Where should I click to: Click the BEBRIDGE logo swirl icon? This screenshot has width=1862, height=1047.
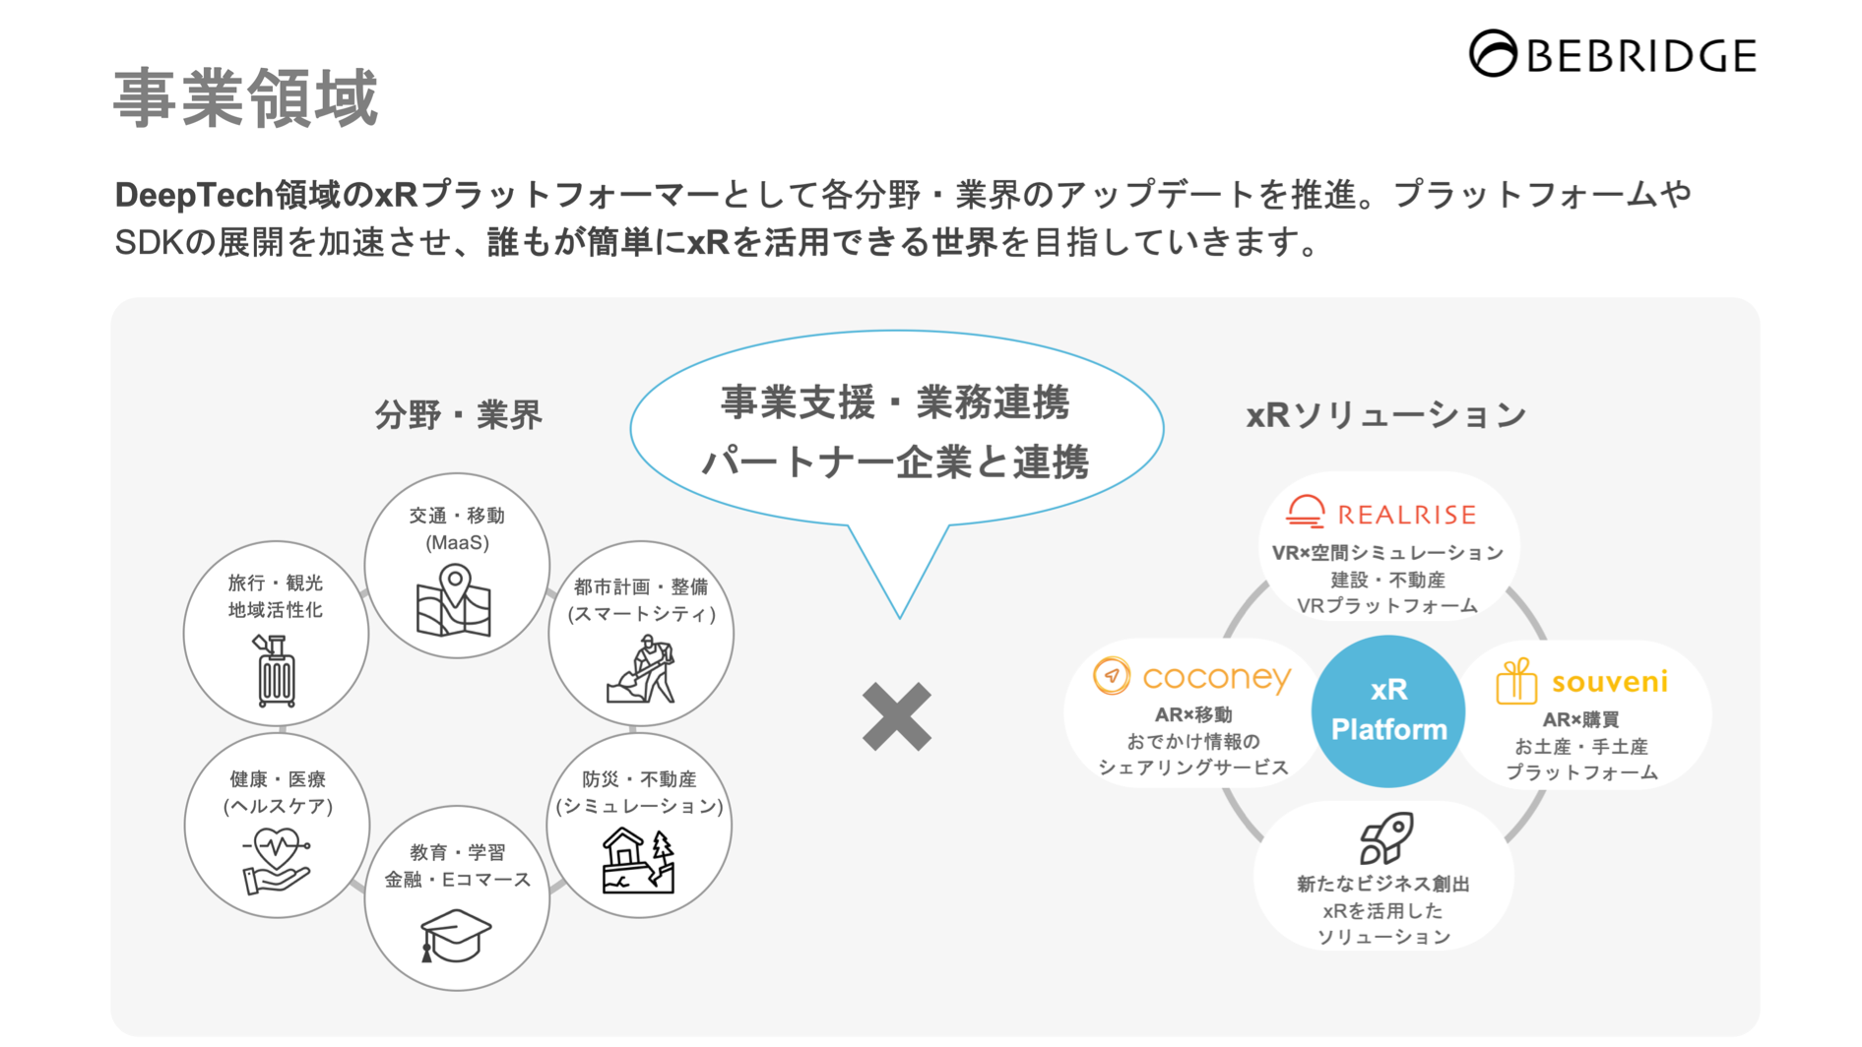(x=1493, y=53)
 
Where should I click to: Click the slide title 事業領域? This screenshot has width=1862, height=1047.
(x=246, y=98)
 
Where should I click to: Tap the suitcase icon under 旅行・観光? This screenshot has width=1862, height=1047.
(x=276, y=671)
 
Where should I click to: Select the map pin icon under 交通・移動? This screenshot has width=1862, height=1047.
(x=454, y=600)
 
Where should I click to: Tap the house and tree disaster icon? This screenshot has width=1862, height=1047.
(x=638, y=860)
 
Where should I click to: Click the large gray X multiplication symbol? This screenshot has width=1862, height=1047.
(x=896, y=716)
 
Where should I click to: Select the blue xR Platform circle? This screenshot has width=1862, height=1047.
(x=1388, y=710)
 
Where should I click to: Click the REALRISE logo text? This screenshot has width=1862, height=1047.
(x=1406, y=515)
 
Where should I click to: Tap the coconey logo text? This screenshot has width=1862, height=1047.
(x=1216, y=677)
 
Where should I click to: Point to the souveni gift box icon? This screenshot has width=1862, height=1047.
(x=1515, y=681)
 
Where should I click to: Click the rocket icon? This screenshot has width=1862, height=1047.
(x=1386, y=837)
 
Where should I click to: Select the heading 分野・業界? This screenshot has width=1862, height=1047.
(x=459, y=415)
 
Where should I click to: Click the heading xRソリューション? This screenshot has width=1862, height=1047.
(x=1386, y=415)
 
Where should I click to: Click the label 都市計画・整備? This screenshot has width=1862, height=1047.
(x=641, y=587)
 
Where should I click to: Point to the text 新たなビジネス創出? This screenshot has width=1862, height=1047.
(x=1383, y=884)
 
